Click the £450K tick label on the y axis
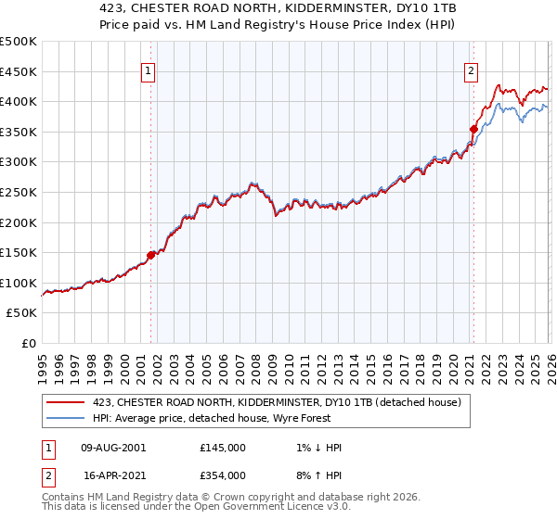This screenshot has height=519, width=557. [19, 71]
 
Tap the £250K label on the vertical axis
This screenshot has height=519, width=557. [19, 192]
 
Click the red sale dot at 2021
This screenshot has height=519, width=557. [473, 129]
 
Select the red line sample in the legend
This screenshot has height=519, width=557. [67, 401]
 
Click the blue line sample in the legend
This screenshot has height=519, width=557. [67, 418]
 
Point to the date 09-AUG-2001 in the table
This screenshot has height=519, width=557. [113, 448]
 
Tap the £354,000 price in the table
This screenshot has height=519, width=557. [223, 475]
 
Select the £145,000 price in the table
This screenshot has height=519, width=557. [223, 448]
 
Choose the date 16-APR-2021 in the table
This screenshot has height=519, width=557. [113, 475]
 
